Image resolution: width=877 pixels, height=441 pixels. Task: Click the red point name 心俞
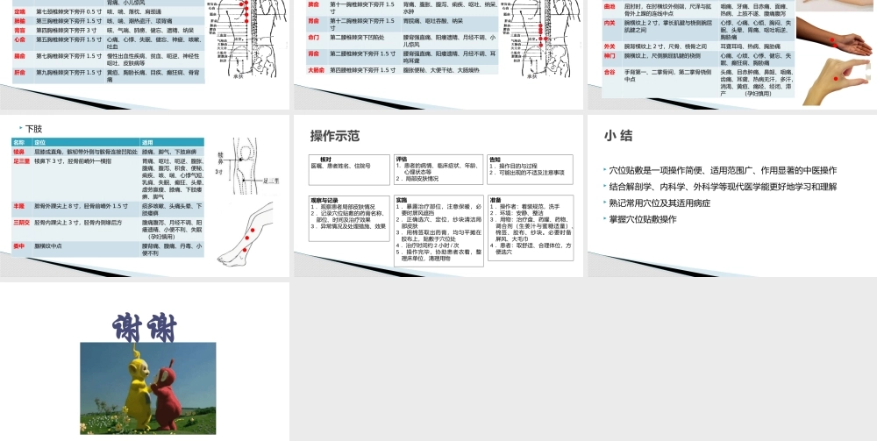point(19,39)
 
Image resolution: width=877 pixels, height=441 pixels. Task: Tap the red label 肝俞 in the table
point(19,72)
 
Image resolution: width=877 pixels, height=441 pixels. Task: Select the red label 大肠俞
point(317,68)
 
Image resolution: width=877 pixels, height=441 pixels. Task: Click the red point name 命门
point(314,38)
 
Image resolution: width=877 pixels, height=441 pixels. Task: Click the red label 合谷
point(610,72)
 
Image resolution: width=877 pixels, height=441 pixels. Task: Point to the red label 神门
point(610,56)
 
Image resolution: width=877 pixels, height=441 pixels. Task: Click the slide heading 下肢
point(34,128)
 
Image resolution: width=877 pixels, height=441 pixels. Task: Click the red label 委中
point(19,246)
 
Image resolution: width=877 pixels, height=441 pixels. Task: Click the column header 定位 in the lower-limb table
point(40,142)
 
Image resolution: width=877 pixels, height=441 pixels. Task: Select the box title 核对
point(325,159)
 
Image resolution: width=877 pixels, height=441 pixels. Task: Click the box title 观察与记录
point(327,200)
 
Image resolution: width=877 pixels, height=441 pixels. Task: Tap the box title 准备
point(496,200)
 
